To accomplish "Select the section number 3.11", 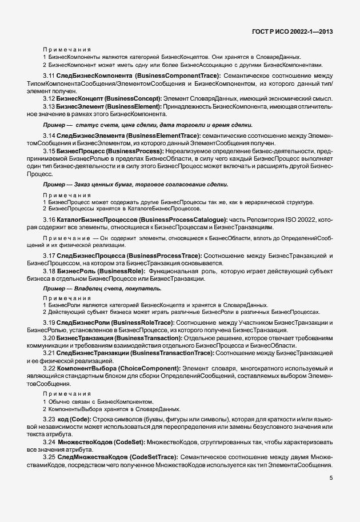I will (49, 75).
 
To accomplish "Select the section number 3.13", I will (49, 107).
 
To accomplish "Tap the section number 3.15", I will (49, 151).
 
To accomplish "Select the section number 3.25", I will (49, 457).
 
